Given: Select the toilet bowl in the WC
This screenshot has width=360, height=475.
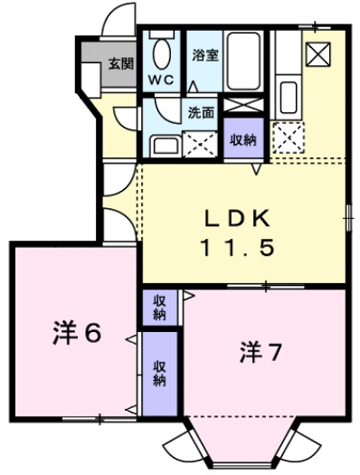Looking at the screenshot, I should coord(162,53).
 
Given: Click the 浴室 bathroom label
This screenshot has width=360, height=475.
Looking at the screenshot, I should coord(204,54).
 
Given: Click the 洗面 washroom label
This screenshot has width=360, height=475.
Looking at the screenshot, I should coord(201,114).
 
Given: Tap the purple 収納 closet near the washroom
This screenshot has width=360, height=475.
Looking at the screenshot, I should coord(241,138).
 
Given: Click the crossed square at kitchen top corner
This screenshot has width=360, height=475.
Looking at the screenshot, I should coord(318,54).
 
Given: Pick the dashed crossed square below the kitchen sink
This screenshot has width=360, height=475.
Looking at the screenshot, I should coord(290,135).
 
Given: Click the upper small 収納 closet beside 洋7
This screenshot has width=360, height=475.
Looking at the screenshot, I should coord(159,308).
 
